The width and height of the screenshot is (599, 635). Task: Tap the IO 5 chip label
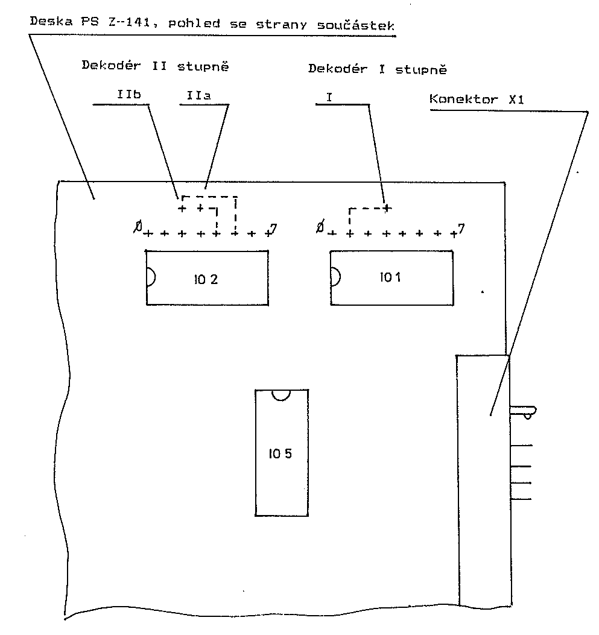280,453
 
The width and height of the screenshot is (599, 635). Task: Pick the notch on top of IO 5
280,394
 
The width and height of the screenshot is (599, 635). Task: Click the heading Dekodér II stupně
155,66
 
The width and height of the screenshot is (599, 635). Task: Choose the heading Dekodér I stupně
378,69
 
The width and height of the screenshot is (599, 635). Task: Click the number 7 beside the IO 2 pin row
273,229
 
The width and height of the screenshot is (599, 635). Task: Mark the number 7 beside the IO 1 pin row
461,229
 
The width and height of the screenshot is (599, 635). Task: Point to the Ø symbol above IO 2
138,227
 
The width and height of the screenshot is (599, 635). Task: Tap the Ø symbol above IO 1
320,227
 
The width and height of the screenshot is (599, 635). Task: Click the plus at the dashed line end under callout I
387,209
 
